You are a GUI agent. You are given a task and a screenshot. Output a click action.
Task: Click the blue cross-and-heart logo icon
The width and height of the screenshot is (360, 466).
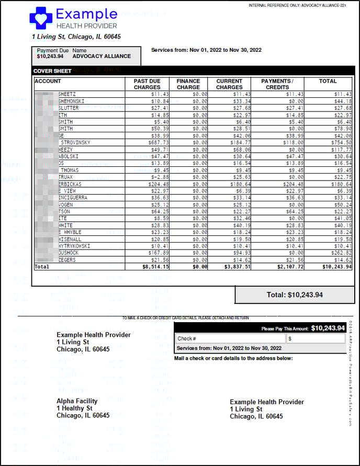[x=41, y=18]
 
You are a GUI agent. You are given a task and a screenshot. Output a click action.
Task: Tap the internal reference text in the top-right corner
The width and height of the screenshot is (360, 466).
[x=304, y=6]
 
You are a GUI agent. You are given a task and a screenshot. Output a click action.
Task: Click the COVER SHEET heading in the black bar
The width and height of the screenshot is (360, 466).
[x=52, y=71]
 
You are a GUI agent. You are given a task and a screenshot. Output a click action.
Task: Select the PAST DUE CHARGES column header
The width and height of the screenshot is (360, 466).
[x=147, y=84]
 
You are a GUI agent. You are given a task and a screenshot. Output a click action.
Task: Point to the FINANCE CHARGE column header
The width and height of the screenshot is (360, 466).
[x=188, y=84]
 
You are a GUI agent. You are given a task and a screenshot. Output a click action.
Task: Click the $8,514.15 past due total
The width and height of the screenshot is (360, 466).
[x=155, y=266]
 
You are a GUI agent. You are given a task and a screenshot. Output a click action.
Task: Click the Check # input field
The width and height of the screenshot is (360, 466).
[x=230, y=338]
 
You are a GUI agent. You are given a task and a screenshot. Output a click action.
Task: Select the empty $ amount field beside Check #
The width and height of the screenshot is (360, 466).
[x=316, y=338]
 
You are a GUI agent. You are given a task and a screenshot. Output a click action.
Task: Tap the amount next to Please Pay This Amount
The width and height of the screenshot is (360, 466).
[x=328, y=328]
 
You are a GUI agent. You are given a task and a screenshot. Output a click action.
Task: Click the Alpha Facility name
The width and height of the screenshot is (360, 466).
[x=77, y=401]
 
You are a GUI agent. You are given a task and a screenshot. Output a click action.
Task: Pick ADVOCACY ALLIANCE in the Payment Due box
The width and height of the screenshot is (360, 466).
[x=102, y=56]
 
